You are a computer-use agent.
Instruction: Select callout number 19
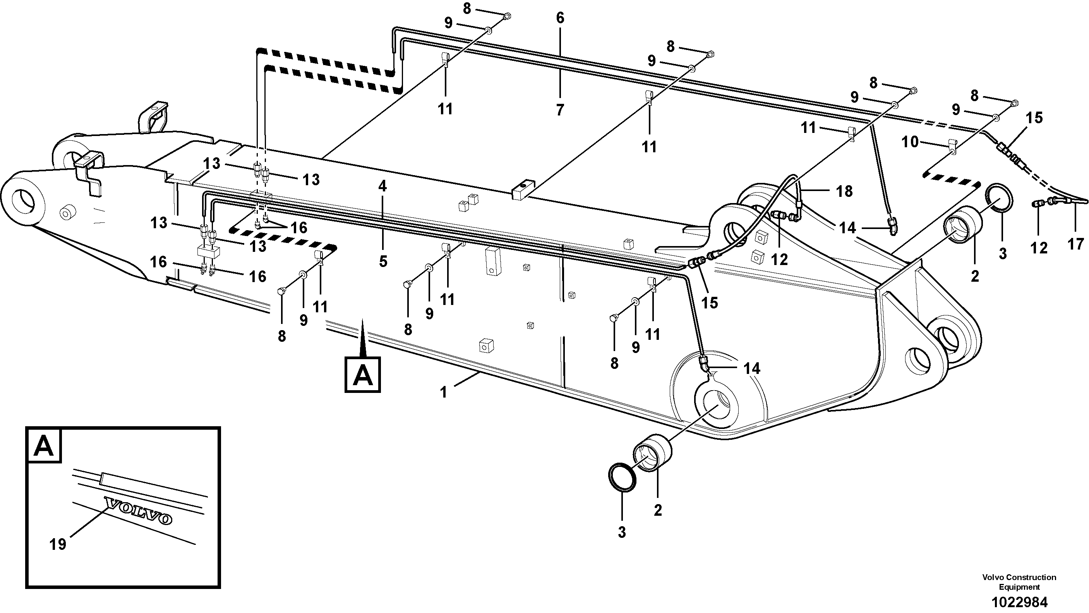click(x=58, y=544)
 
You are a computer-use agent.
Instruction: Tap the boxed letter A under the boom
click(x=362, y=375)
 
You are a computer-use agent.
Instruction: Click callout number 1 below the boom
click(x=443, y=393)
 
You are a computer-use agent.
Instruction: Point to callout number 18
click(x=844, y=191)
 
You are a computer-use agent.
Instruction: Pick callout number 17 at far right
click(x=1076, y=244)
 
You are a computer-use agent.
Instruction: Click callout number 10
click(x=910, y=142)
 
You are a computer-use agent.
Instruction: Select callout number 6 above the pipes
click(x=560, y=18)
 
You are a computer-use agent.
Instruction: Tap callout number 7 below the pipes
click(x=560, y=110)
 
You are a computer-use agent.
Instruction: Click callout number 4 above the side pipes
click(x=382, y=186)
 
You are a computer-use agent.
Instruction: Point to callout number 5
click(x=382, y=262)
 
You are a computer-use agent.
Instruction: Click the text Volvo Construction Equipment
click(x=1019, y=582)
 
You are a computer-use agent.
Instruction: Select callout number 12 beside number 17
click(x=1039, y=248)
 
